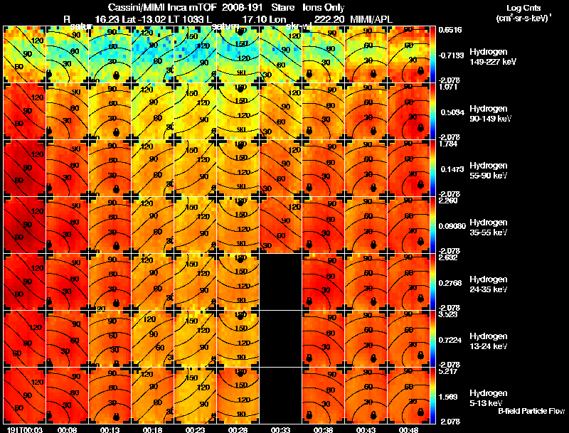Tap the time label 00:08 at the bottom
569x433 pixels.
click(67, 429)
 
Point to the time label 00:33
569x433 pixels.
click(280, 429)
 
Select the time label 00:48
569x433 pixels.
click(408, 429)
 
